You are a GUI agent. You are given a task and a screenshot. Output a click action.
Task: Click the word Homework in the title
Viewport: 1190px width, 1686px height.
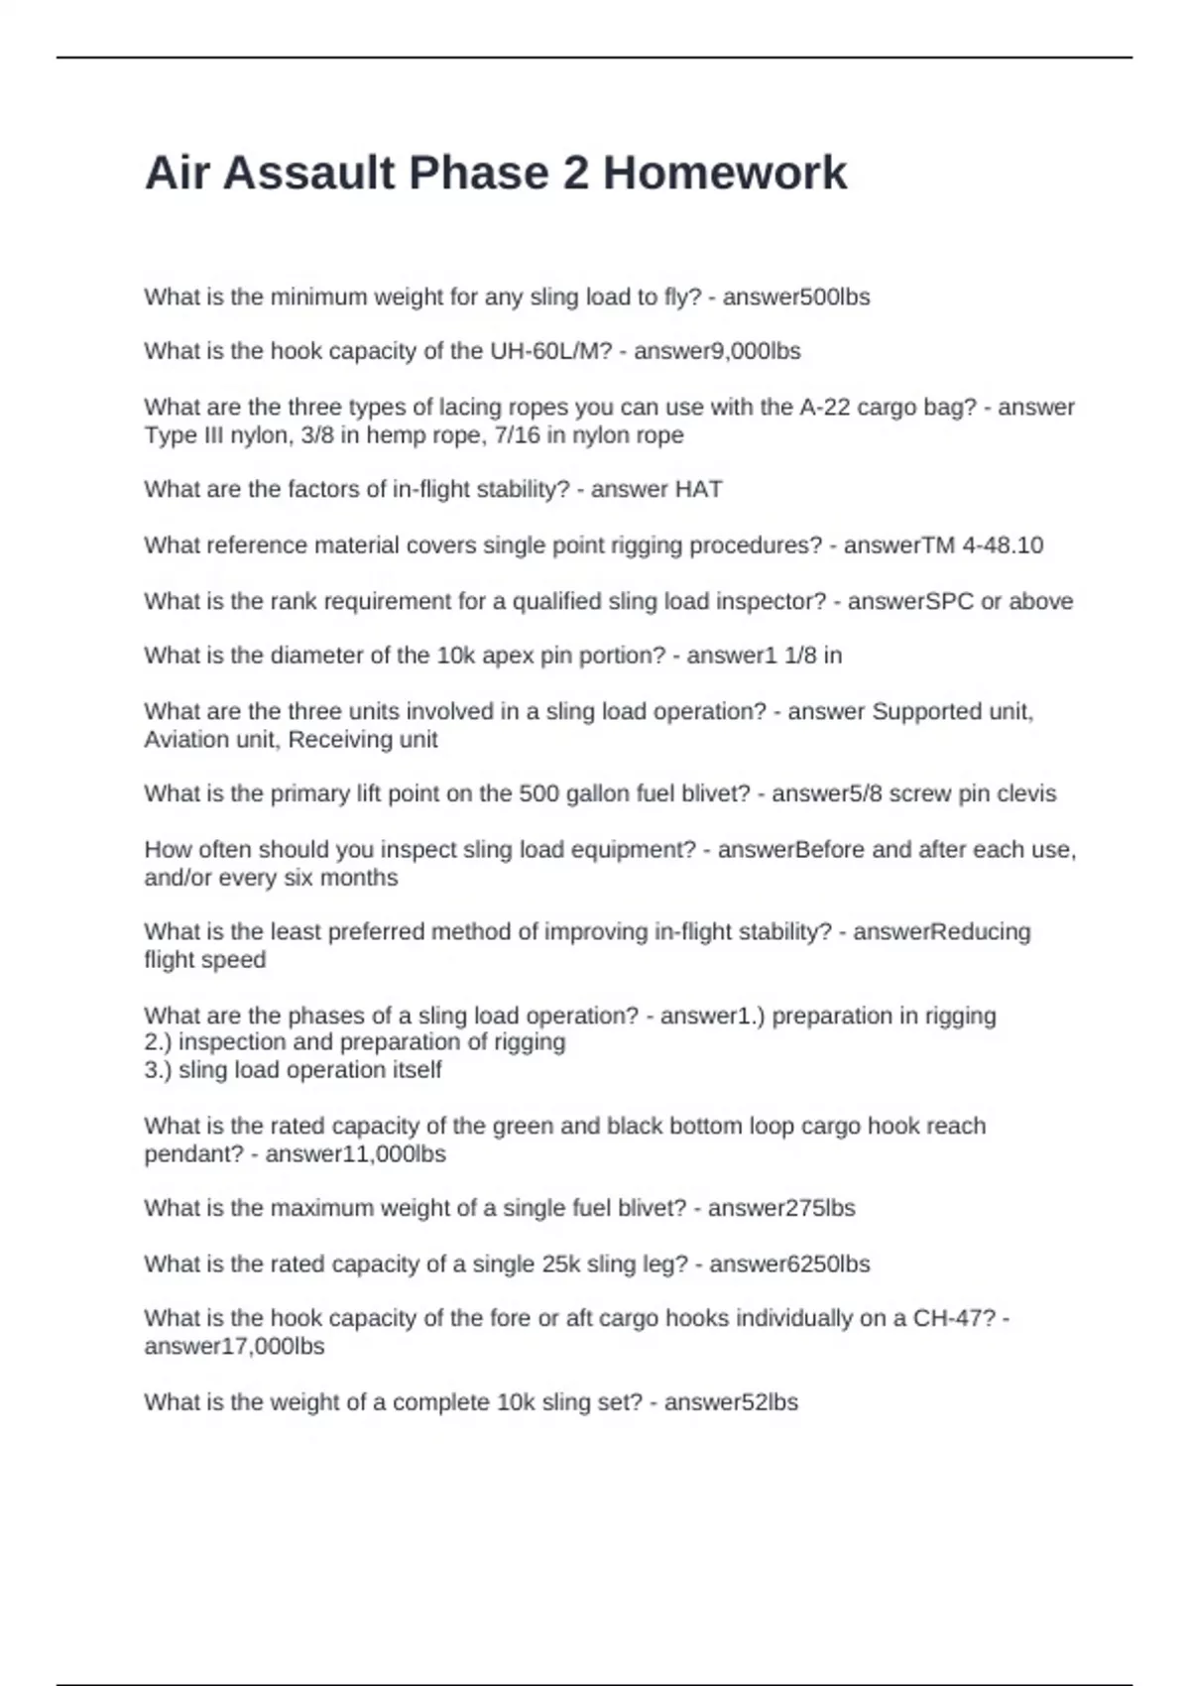tap(725, 174)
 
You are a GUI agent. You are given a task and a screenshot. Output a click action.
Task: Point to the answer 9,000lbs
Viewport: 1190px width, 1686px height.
tap(758, 351)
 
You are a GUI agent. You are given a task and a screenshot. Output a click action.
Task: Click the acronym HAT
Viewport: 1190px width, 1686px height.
tap(698, 490)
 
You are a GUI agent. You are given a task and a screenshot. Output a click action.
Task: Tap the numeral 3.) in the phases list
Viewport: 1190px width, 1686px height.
tap(158, 1070)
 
